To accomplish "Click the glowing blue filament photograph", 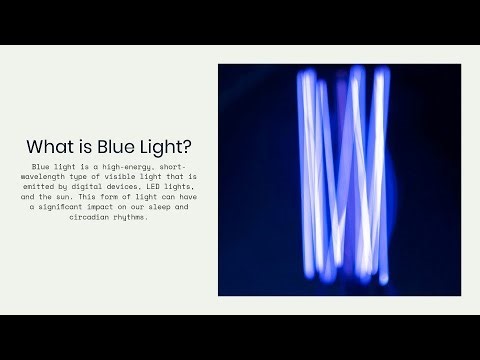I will coord(339,179).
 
